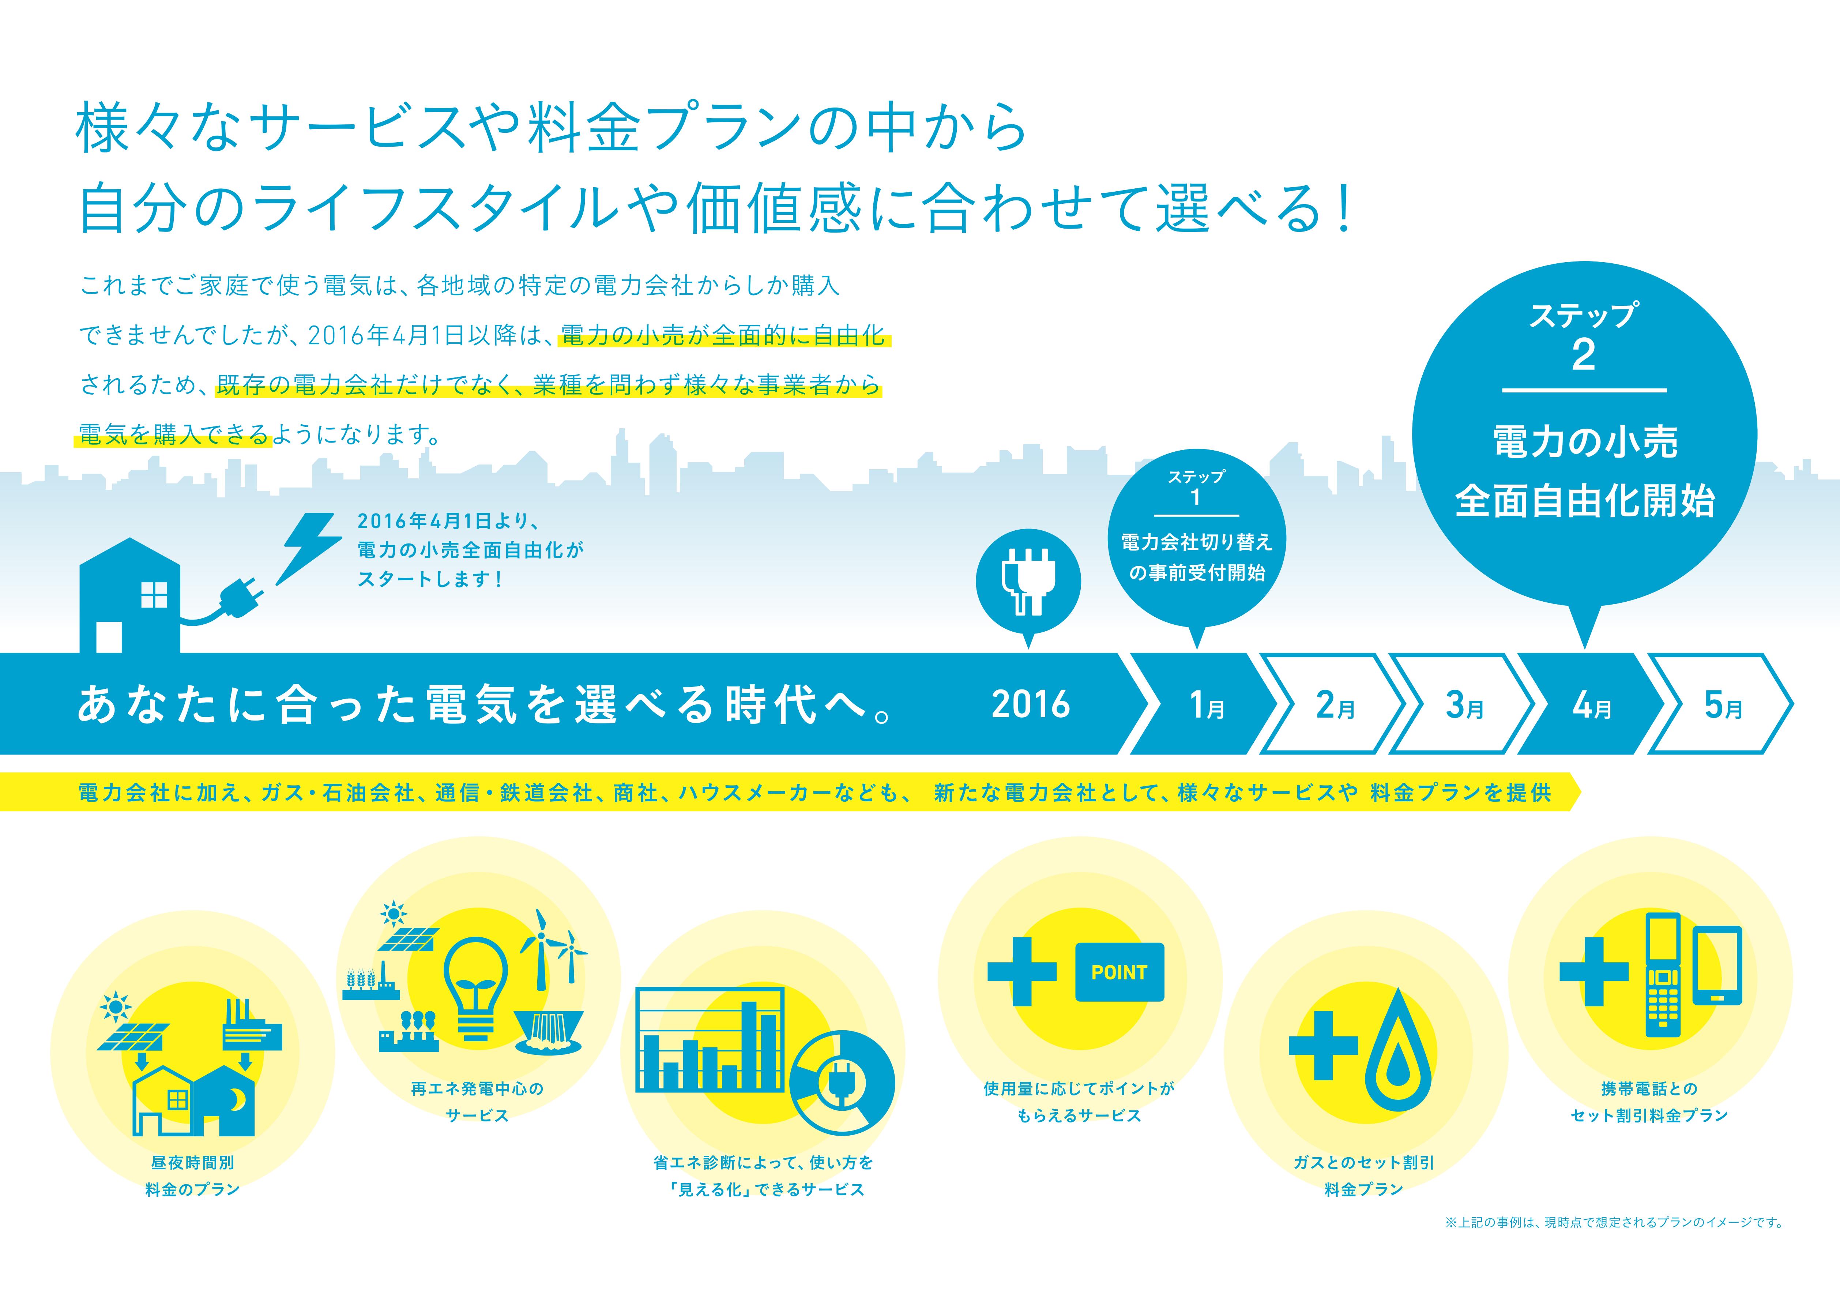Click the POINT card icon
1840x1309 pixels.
click(x=1120, y=972)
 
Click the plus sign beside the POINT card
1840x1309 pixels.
click(x=1021, y=971)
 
